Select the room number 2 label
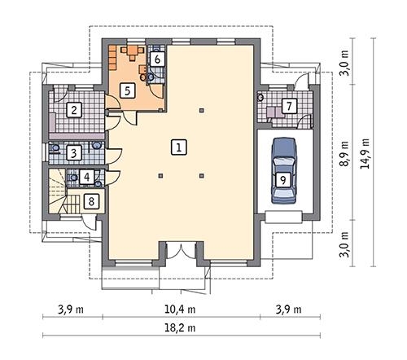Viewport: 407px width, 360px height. point(73,110)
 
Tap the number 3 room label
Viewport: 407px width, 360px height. point(73,151)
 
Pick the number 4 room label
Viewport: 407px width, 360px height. point(88,176)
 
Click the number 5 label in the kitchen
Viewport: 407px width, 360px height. point(126,90)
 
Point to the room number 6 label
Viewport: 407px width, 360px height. point(158,59)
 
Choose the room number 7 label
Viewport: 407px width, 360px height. point(288,105)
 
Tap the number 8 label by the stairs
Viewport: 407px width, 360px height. point(92,200)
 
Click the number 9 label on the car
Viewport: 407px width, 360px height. point(282,180)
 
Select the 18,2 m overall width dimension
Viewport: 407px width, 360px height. point(182,327)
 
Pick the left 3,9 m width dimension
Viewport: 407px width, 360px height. point(74,309)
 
